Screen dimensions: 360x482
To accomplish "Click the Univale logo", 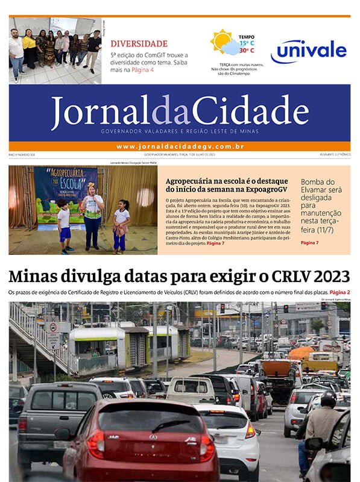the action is (308, 51).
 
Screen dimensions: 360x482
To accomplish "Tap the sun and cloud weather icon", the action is (224, 43).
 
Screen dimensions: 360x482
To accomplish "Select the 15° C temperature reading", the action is (247, 43).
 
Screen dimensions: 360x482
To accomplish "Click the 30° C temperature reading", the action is (247, 51).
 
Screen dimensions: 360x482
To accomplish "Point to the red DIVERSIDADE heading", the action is (139, 43).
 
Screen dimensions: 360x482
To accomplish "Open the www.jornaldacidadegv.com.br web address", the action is (180, 146).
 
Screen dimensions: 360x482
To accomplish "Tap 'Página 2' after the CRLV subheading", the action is (339, 292).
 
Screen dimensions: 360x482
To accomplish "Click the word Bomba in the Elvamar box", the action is (315, 181).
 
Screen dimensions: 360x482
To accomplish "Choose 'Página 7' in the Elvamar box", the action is (309, 242).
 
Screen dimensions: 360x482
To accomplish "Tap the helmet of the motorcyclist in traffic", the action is (328, 398).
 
